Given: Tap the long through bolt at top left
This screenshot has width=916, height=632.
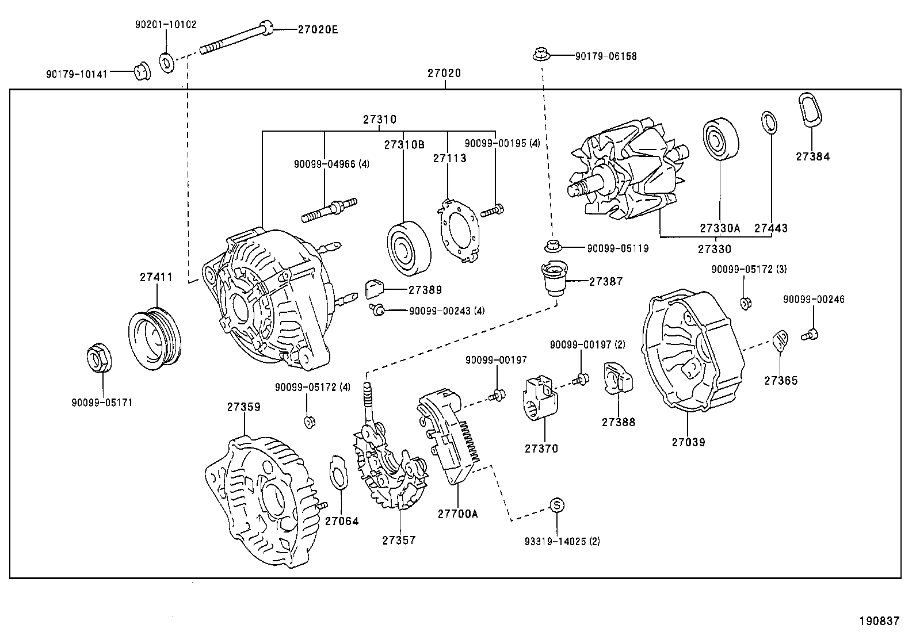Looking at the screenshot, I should click(x=236, y=39).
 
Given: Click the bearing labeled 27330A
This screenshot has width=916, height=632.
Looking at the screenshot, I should click(x=719, y=139).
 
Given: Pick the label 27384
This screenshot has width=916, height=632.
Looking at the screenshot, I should click(x=812, y=156).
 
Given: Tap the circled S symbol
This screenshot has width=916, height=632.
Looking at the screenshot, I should click(x=557, y=505).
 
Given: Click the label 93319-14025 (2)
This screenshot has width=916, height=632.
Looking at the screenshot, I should click(x=562, y=541).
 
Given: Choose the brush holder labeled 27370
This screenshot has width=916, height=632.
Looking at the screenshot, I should click(x=540, y=400).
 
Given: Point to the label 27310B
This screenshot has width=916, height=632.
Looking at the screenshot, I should click(x=404, y=145).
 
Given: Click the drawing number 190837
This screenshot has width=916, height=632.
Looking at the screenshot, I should click(x=879, y=620).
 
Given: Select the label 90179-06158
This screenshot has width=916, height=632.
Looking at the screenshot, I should click(x=605, y=56).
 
